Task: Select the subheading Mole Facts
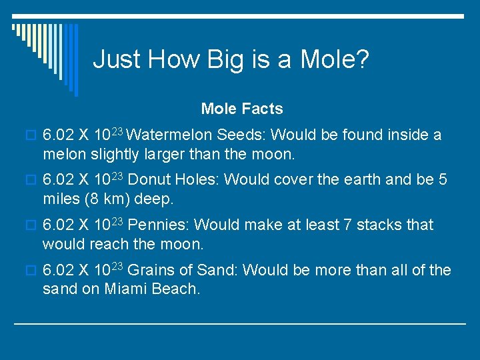click(242, 109)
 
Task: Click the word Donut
click(148, 180)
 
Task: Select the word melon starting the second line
click(63, 155)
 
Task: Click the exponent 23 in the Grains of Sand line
click(117, 266)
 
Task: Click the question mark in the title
click(362, 59)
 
